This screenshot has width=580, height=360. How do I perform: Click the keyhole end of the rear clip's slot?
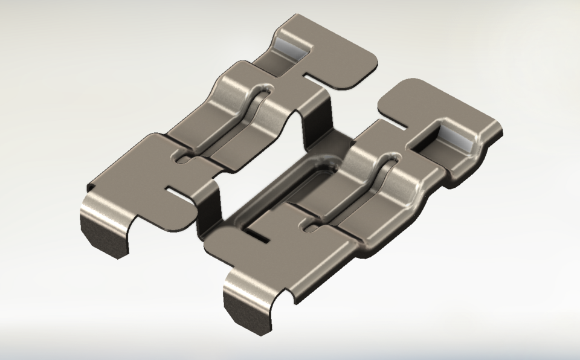pos(182,159)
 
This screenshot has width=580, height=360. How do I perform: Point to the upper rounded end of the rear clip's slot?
pos(263,90)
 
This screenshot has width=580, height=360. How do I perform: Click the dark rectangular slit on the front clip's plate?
pos(259,234)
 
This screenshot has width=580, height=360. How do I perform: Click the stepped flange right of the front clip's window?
pos(477,160)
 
